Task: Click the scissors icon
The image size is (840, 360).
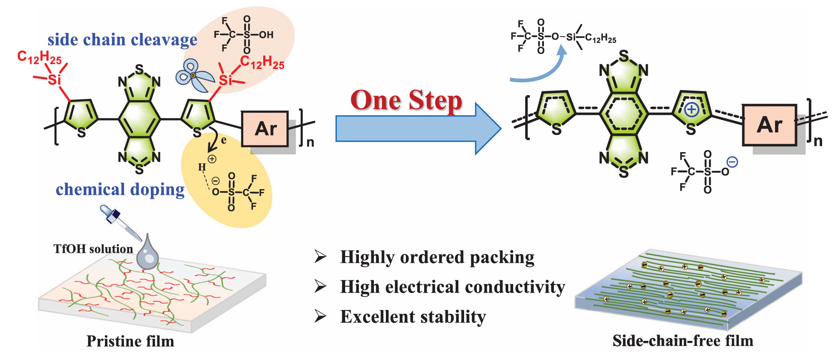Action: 194,76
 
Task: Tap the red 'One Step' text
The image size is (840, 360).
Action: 406,101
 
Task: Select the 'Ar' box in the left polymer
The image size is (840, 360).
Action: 265,129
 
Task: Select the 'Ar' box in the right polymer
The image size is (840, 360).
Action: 769,125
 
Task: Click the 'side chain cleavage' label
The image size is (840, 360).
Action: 122,40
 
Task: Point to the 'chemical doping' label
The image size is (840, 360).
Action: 120,190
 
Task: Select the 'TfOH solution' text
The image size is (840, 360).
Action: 93,249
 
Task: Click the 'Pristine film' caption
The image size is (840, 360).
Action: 130,341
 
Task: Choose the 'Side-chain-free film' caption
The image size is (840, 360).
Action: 683,341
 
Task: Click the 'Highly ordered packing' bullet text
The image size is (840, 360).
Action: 437,257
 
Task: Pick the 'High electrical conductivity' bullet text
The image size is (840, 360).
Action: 452,287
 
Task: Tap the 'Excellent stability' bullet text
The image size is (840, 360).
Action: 413,317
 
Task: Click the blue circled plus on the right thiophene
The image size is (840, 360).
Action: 691,110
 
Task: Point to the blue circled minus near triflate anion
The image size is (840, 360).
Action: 732,162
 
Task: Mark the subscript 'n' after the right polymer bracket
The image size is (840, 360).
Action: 818,141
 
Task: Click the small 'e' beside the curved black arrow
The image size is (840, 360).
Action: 224,141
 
